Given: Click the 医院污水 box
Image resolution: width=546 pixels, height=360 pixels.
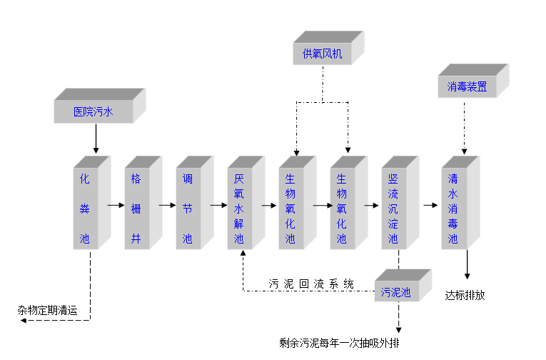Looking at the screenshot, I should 93,111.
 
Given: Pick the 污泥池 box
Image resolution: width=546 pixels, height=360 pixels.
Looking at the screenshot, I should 395,291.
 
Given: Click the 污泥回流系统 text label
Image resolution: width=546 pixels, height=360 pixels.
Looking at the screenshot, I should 310,284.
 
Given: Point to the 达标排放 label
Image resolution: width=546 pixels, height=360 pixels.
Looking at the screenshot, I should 465,295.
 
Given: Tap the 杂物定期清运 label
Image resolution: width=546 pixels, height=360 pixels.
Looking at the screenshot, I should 47,311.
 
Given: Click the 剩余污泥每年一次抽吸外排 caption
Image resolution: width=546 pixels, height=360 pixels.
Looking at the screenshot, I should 340,344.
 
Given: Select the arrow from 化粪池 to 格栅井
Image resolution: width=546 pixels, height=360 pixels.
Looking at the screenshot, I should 116,205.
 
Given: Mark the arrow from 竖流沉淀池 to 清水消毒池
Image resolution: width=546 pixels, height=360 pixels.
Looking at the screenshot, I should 430,205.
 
